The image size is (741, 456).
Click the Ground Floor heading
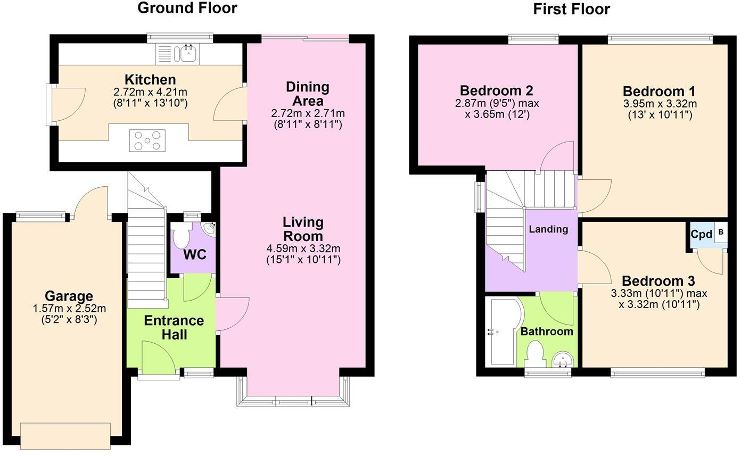pos(187,8)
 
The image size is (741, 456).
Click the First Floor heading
pos(571,9)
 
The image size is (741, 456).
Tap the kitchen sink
pos(188,54)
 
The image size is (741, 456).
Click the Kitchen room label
pos(150,80)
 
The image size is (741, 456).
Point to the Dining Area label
pos(307,94)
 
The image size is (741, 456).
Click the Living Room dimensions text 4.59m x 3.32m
pos(303,248)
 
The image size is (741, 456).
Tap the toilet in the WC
pos(182,234)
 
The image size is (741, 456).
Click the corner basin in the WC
pos(209,228)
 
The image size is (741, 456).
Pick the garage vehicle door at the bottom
pos(65,435)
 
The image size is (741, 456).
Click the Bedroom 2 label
pos(496,90)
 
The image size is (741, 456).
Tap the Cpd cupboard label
pos(701,234)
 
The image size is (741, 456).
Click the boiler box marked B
pos(721,232)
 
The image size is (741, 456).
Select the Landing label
pos(548,229)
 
